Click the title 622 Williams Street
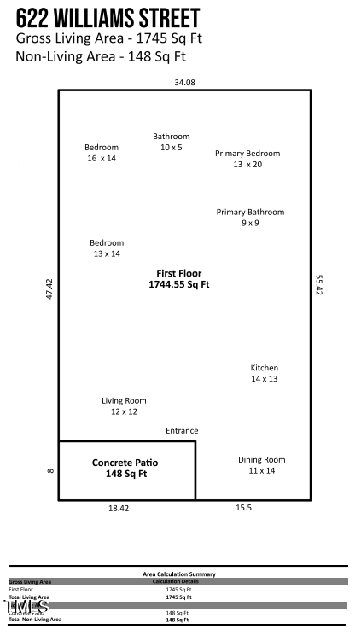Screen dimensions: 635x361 (x=108, y=18)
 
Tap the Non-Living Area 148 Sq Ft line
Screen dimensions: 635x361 (x=101, y=57)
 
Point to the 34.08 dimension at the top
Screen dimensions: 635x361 (x=184, y=83)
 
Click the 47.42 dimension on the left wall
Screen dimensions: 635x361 (x=49, y=288)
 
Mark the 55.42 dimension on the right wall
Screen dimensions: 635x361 (x=319, y=284)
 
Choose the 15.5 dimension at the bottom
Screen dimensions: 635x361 (x=243, y=507)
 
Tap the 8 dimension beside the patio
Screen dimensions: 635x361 (x=49, y=470)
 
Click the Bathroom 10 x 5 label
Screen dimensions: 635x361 (x=172, y=142)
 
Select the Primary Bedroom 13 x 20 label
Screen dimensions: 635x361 (x=247, y=159)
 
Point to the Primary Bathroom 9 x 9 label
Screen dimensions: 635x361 (x=250, y=217)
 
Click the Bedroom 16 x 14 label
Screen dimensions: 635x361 (x=102, y=153)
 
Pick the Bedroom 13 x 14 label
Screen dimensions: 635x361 (x=107, y=248)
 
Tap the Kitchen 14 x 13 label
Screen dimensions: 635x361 (x=264, y=373)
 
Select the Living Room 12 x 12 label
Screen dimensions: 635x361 (x=124, y=405)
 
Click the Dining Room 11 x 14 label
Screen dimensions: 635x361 (x=261, y=465)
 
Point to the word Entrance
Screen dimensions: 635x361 (x=182, y=431)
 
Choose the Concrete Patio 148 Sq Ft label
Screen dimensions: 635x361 (x=126, y=468)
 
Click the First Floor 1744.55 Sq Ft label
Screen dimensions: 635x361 (x=179, y=278)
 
